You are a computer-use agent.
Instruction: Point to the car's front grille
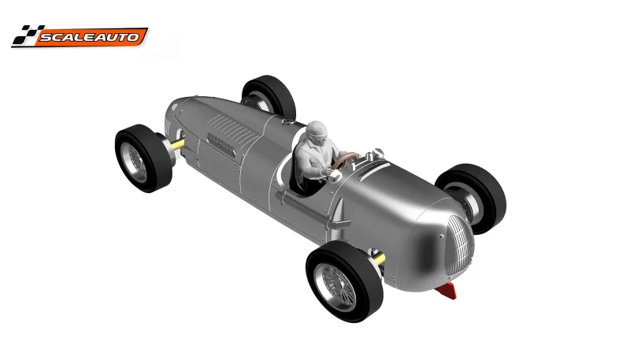453,242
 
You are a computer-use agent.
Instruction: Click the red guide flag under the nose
447,291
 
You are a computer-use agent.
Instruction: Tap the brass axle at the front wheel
380,259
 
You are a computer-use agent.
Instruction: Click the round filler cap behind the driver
287,123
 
